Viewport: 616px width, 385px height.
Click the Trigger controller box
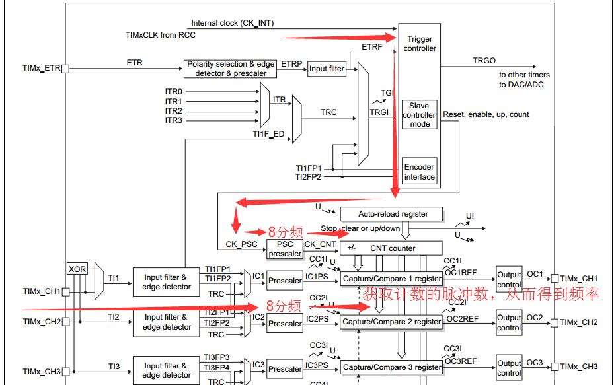420,44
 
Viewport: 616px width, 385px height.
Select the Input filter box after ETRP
327,69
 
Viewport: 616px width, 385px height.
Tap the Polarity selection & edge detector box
231,69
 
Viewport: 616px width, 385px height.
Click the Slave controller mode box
419,115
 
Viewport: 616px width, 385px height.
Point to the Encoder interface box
419,172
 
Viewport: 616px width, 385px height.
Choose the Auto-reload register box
393,214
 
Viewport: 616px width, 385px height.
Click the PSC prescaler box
285,249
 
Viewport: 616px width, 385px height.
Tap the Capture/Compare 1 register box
392,279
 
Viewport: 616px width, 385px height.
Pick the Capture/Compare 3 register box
392,367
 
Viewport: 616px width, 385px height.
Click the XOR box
77,269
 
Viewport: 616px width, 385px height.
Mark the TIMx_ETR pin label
41,68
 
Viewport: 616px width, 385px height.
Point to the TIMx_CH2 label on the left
41,322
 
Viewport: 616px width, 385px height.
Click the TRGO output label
484,61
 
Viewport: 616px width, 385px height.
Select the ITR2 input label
173,111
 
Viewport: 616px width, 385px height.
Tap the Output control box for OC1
509,279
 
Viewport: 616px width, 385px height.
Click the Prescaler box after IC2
285,324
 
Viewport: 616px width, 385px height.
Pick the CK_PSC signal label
241,244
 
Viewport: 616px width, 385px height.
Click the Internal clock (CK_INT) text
232,23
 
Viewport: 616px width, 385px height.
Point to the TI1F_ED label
268,134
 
